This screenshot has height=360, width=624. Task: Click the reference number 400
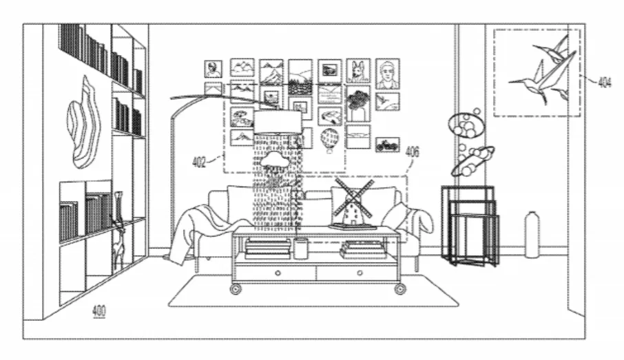[x=98, y=310]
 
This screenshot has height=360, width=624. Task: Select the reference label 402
[x=199, y=162]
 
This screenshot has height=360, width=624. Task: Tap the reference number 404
[x=605, y=83]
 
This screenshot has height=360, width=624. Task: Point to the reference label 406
[x=413, y=152]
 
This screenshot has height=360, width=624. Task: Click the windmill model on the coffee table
[x=353, y=204]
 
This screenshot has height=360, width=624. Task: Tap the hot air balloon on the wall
[x=329, y=140]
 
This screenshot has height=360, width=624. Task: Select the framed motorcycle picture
[x=387, y=145]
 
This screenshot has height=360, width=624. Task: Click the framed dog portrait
[x=357, y=71]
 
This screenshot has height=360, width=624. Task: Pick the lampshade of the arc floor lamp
[x=278, y=122]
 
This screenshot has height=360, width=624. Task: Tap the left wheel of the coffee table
[x=236, y=289]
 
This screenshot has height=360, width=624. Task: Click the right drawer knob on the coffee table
[x=360, y=273]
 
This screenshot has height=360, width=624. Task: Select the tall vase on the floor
[x=532, y=235]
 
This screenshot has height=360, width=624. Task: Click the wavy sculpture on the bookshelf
[x=83, y=123]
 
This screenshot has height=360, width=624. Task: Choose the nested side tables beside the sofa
[x=470, y=226]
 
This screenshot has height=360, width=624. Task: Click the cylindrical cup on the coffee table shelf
[x=301, y=248]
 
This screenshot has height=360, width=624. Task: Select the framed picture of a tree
[x=358, y=103]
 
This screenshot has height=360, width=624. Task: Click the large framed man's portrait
[x=387, y=74]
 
